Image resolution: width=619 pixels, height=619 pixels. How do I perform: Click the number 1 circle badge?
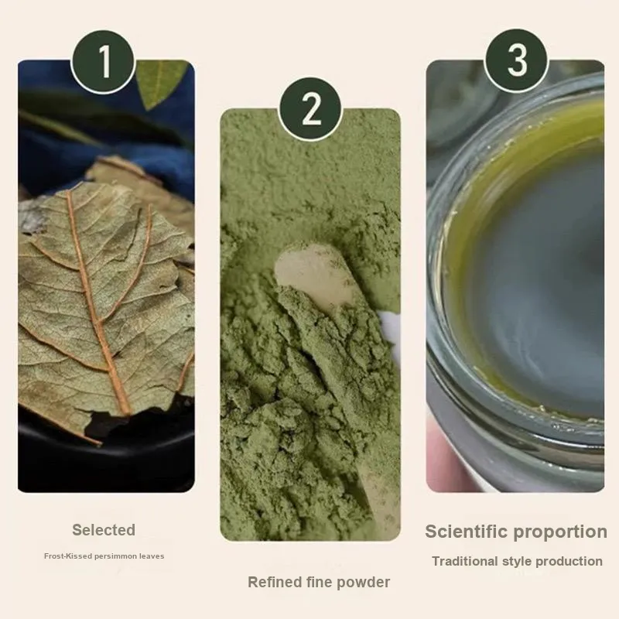104,62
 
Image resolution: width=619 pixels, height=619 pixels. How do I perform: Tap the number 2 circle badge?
310,109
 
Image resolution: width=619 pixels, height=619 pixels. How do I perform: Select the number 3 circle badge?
517,61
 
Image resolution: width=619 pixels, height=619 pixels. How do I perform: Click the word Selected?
104,530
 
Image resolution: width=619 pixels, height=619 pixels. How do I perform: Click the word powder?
364,583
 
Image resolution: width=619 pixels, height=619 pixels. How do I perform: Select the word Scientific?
464,532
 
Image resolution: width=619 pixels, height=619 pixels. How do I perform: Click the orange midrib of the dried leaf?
98,304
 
